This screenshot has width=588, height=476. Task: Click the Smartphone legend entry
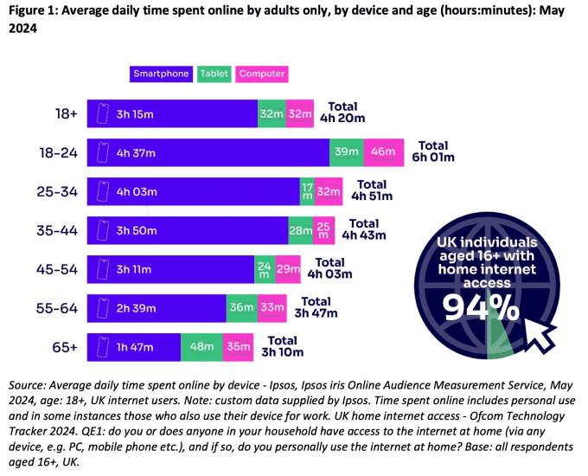coord(162,74)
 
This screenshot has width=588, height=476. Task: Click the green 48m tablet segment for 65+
coord(201,346)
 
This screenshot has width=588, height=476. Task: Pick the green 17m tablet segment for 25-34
coord(306,191)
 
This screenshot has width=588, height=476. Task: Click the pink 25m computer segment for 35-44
coord(324,230)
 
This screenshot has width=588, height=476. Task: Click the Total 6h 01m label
coord(436,151)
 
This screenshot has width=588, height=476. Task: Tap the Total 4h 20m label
coord(342,113)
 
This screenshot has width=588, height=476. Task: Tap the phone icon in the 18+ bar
coord(103,113)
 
